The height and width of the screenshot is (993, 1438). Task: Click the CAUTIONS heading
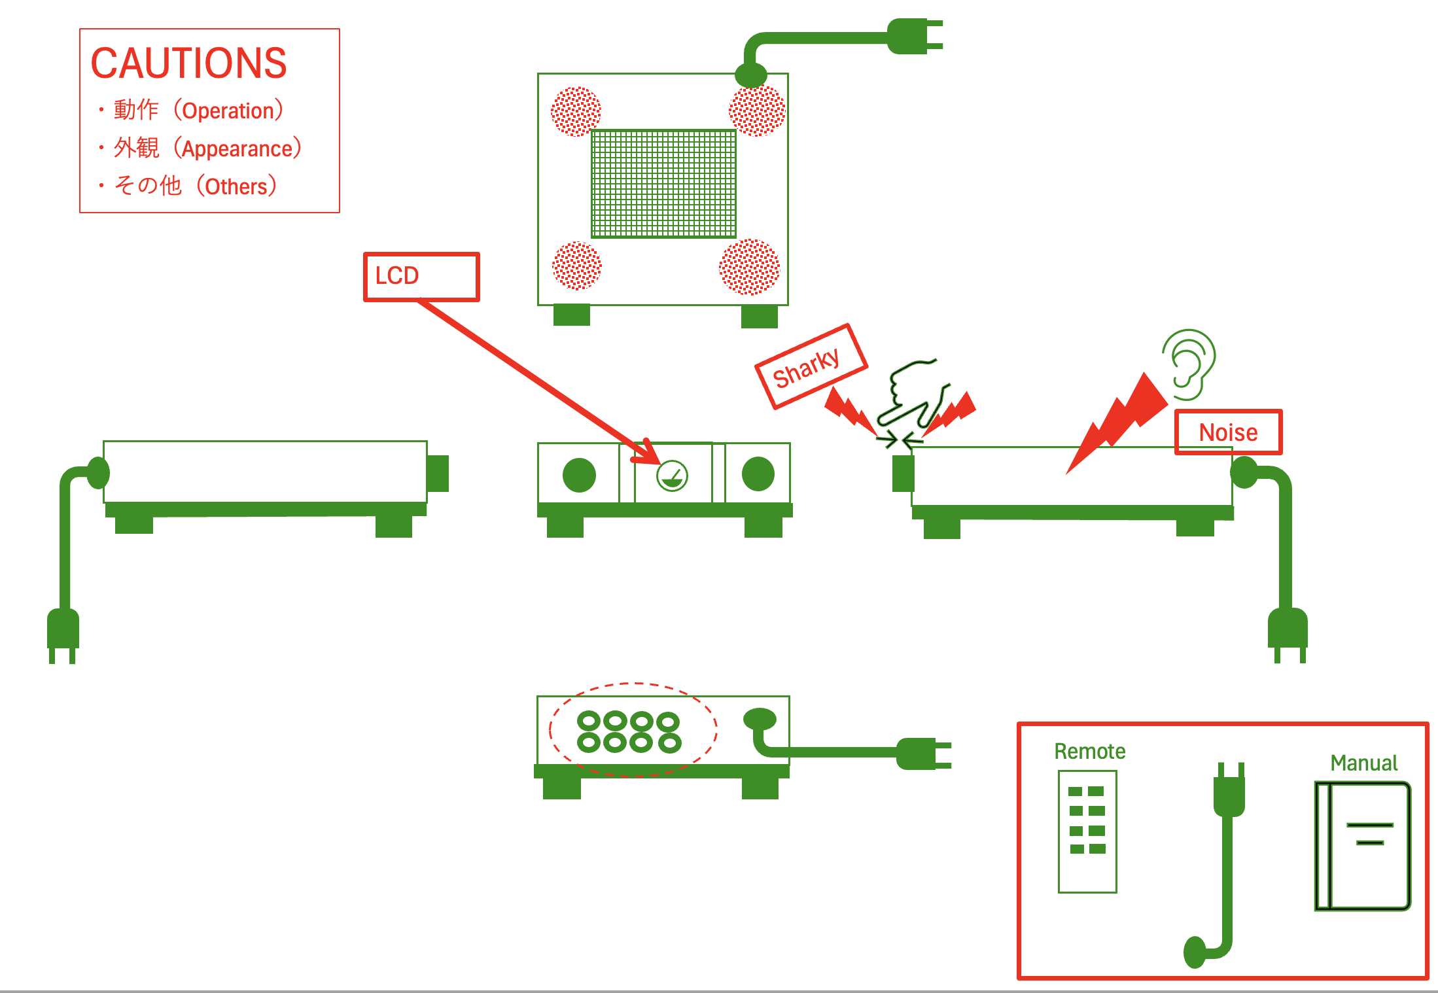coord(188,63)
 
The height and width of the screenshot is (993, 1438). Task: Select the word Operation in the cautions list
coord(228,111)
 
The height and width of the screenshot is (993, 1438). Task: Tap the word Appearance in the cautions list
coord(237,149)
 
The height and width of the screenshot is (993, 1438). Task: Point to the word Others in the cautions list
coord(236,187)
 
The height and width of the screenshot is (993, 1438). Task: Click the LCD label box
coord(421,276)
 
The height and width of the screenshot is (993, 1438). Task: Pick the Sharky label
coord(810,366)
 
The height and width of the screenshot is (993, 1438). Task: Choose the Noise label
coord(1228,432)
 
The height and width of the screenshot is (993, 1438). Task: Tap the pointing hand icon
coord(911,392)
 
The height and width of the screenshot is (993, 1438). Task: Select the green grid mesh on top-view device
coord(663,184)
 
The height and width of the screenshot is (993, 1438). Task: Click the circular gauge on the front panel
coord(672,476)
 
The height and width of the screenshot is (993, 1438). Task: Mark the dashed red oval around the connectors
coord(633,729)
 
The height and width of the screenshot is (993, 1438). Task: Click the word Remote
coord(1089,752)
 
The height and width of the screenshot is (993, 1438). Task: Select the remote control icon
coord(1087,831)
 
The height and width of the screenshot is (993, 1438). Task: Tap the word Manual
coord(1363,763)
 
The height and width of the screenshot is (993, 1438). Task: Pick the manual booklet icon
coord(1363,846)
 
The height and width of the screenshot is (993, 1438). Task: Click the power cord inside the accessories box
coord(1227,863)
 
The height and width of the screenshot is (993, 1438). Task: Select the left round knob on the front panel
coord(579,475)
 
